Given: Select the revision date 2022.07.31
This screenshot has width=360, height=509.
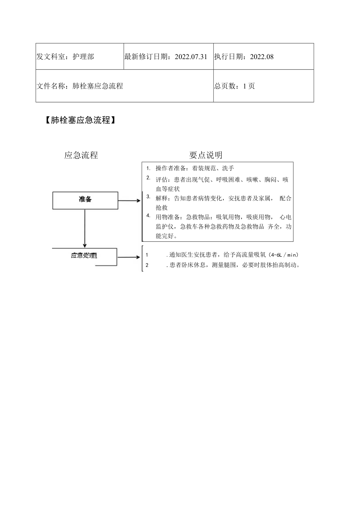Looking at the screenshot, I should (191, 57).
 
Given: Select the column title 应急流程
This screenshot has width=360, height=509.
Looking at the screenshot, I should (81, 155).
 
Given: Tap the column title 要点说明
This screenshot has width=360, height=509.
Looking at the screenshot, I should (206, 155).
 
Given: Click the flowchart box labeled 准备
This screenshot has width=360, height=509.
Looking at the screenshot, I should (85, 200).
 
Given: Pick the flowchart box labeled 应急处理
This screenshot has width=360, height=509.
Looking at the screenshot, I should (85, 256).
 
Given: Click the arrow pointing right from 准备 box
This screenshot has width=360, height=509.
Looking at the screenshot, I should (129, 201).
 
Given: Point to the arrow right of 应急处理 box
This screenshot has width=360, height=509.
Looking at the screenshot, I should (129, 257).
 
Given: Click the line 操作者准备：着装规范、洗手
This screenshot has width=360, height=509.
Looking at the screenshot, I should (194, 169).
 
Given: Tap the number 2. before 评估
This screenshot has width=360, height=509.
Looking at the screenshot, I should (148, 178).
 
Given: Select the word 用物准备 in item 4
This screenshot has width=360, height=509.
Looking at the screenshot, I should (167, 217).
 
